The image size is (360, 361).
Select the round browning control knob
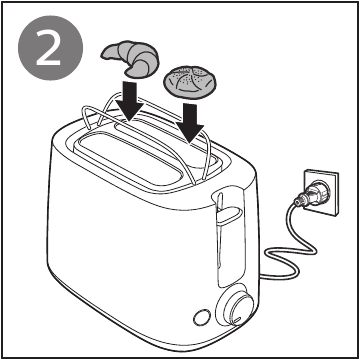tap(239, 309)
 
